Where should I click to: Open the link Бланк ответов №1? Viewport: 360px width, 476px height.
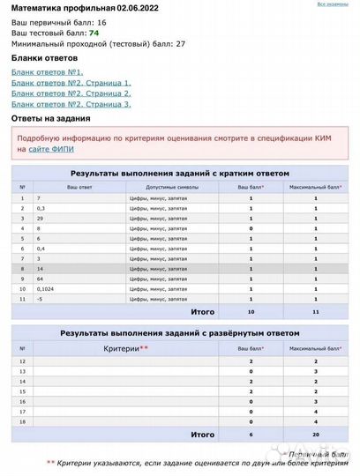[48, 71]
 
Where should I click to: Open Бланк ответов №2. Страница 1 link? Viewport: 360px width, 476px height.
[71, 82]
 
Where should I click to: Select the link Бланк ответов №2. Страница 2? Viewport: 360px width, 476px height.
[71, 93]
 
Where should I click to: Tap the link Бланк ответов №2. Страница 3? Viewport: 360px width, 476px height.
[71, 103]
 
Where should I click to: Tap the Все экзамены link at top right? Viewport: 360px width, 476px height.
[332, 4]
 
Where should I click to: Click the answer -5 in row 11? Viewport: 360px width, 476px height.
[39, 300]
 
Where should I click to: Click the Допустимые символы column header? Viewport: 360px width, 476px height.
[165, 187]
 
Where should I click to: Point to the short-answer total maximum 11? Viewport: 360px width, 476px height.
[315, 311]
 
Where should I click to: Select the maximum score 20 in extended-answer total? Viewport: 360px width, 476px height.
[315, 435]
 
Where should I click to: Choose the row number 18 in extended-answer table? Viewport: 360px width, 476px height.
[22, 422]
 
